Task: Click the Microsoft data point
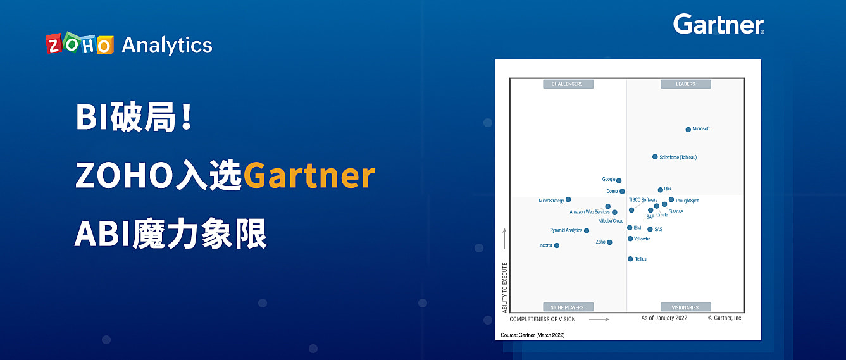pyautogui.click(x=688, y=130)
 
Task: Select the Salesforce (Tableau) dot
pyautogui.click(x=655, y=157)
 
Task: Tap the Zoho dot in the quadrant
pyautogui.click(x=609, y=242)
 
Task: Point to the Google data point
pyautogui.click(x=619, y=181)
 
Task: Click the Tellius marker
pyautogui.click(x=630, y=259)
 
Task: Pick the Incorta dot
pyautogui.click(x=557, y=245)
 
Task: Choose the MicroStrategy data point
pyautogui.click(x=568, y=200)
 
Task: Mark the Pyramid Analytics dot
pyautogui.click(x=587, y=231)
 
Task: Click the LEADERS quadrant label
pyautogui.click(x=685, y=84)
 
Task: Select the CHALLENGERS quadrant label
pyautogui.click(x=568, y=84)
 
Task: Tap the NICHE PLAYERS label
pyautogui.click(x=568, y=307)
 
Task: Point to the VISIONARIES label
pyautogui.click(x=685, y=307)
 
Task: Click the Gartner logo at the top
pyautogui.click(x=719, y=25)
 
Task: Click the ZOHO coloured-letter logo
pyautogui.click(x=80, y=44)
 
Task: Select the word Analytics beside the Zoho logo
pyautogui.click(x=167, y=45)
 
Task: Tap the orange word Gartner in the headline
pyautogui.click(x=309, y=176)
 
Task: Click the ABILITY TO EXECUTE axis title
pyautogui.click(x=505, y=287)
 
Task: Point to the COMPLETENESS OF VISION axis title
pyautogui.click(x=543, y=319)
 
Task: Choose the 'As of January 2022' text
pyautogui.click(x=664, y=318)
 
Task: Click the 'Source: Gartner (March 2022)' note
pyautogui.click(x=533, y=334)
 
